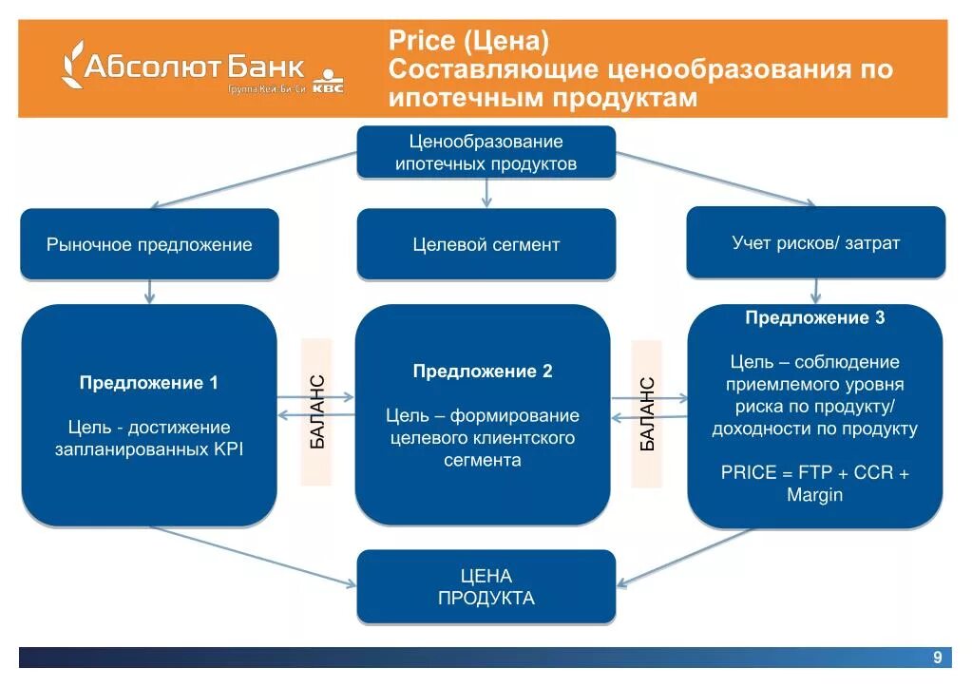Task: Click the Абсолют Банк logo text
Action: point(195,67)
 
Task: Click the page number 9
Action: point(937,658)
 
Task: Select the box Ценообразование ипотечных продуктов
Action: point(486,152)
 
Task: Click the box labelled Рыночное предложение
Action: point(149,244)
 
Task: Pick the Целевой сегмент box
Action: point(486,244)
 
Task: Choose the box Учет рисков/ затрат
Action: point(815,242)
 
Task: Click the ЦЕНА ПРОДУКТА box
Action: point(486,587)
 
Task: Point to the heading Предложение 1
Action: point(149,383)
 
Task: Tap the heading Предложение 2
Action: point(483,372)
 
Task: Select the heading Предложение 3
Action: point(815,317)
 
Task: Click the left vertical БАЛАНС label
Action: point(317,411)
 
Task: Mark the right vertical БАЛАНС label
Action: point(646,413)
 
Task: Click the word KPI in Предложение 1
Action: point(228,449)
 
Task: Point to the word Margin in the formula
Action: point(815,495)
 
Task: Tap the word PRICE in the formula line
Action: point(749,472)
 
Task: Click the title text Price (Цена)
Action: point(469,42)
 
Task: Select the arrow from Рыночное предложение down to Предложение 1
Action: point(149,292)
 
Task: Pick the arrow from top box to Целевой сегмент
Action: point(486,193)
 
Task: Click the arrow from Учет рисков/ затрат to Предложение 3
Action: point(815,291)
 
